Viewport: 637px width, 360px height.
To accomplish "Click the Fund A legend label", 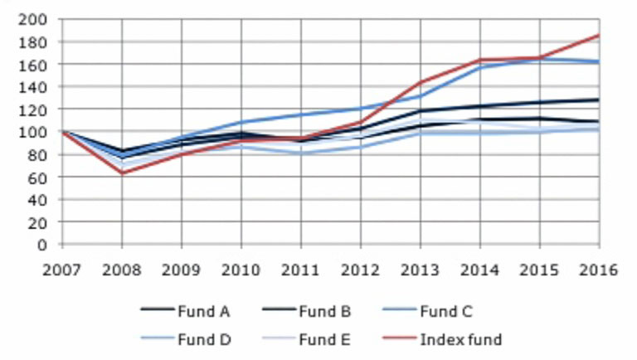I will pyautogui.click(x=202, y=312).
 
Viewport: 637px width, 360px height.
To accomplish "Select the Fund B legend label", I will pyautogui.click(x=323, y=312).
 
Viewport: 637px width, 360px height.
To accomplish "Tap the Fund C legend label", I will pyautogui.click(x=445, y=312).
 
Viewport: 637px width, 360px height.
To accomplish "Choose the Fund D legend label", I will pyautogui.click(x=202, y=338).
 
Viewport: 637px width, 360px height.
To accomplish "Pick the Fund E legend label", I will pyautogui.click(x=323, y=338).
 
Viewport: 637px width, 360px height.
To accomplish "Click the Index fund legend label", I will pyautogui.click(x=461, y=338).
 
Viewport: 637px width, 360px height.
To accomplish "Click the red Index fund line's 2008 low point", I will pyautogui.click(x=123, y=173).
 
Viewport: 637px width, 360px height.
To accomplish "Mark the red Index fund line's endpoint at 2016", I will pyautogui.click(x=598, y=36).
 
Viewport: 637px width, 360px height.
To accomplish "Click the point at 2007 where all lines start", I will pyautogui.click(x=64, y=132).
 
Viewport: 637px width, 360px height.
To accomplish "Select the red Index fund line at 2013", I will pyautogui.click(x=421, y=82).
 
